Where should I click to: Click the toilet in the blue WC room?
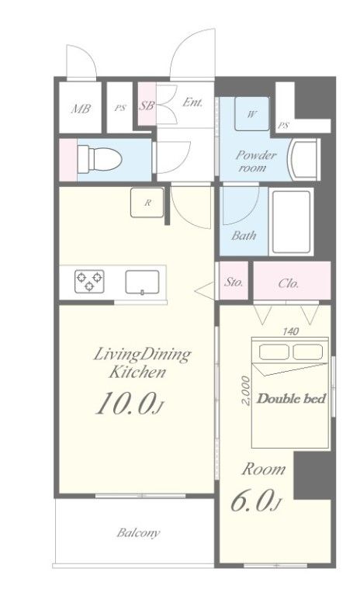coord(99,159)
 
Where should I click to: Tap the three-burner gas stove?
coord(89,281)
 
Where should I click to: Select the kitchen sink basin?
coord(142,282)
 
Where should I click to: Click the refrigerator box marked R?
coord(147,203)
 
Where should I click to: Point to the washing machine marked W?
coord(251,113)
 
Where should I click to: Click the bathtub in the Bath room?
coord(292,222)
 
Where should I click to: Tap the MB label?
coord(81,109)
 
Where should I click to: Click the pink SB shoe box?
coord(147,103)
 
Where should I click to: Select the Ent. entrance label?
coord(192,102)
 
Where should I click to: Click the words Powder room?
coord(255,161)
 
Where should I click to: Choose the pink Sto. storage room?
coord(234,281)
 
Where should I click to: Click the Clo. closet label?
coord(288,283)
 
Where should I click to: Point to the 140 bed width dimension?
coord(290,331)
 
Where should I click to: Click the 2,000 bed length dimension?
coord(246,390)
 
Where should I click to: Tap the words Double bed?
coord(292,399)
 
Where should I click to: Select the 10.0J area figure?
coord(130,404)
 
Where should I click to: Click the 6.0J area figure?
coord(255,501)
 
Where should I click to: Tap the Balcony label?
coord(138,533)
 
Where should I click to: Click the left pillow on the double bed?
coord(274,352)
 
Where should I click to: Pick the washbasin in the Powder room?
coord(303,159)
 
